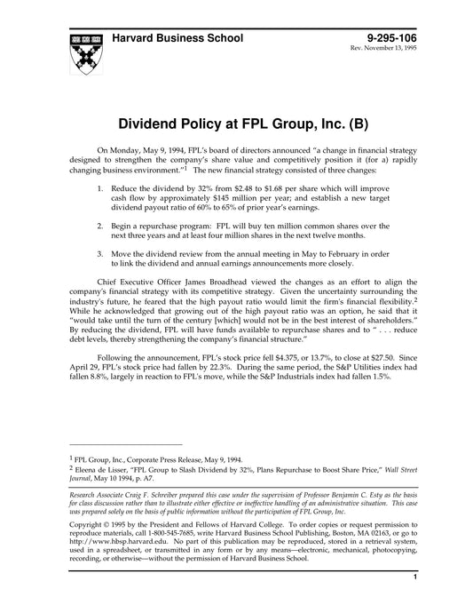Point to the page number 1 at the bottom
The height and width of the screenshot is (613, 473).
[x=414, y=602]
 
